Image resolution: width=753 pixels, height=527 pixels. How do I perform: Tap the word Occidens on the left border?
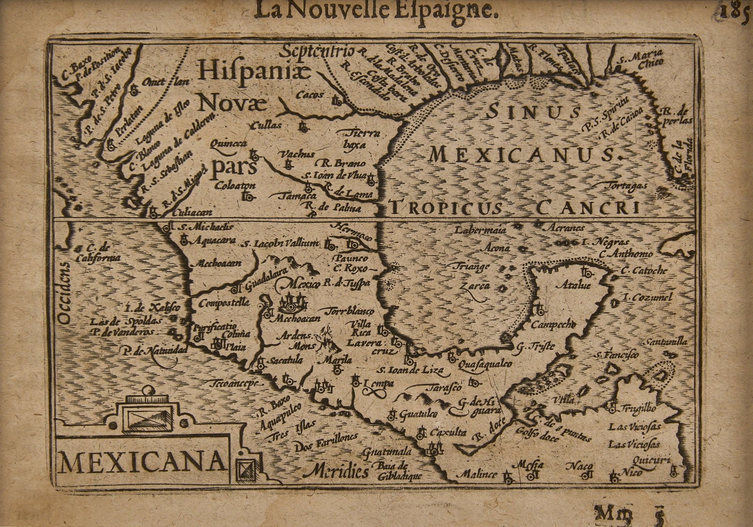pyautogui.click(x=66, y=292)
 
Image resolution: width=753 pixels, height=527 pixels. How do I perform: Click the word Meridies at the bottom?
pyautogui.click(x=335, y=471)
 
